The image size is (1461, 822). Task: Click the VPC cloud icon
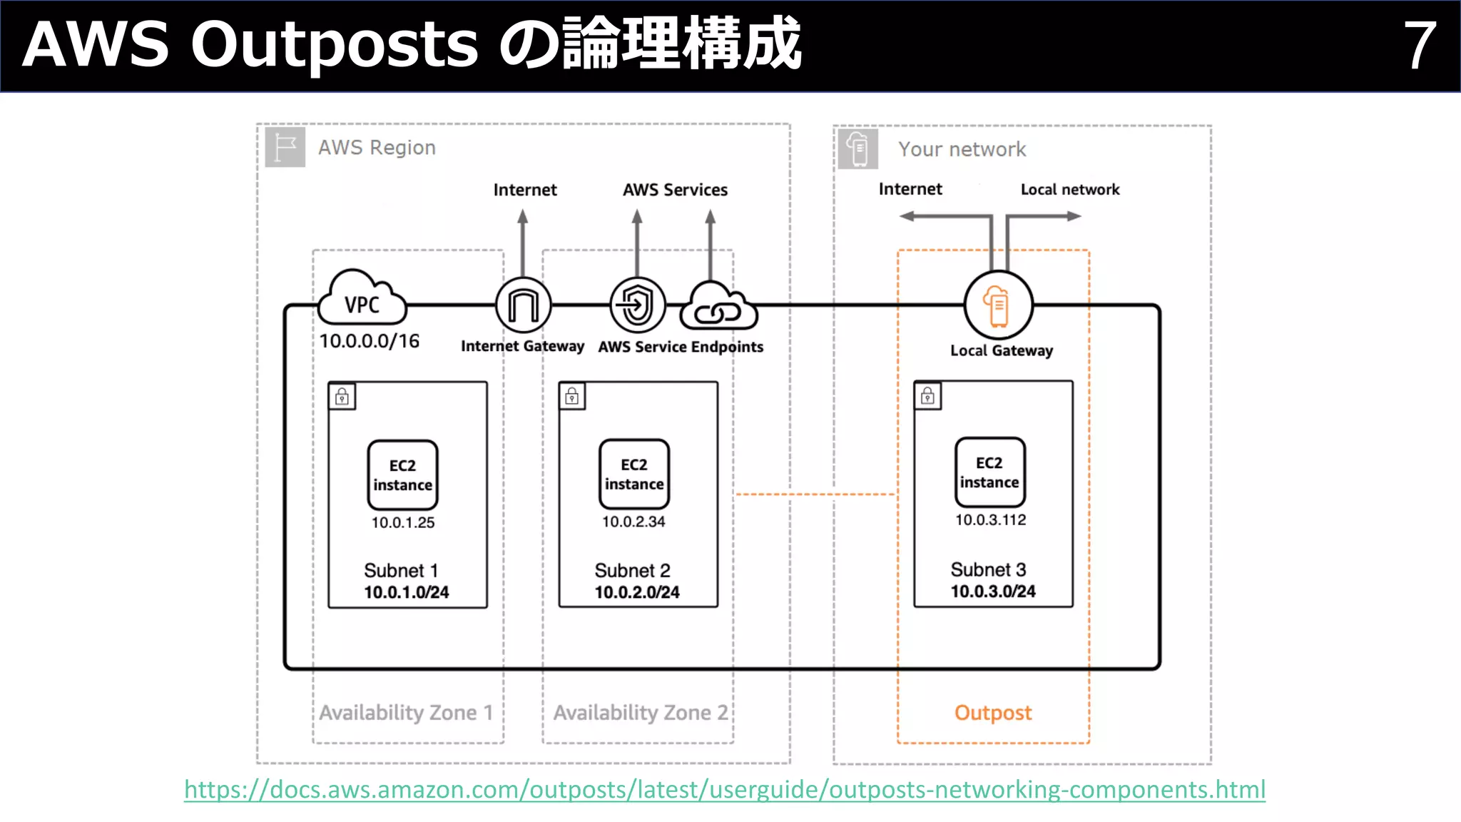point(362,300)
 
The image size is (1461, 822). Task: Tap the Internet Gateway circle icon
point(523,305)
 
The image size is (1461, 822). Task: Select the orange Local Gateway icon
point(997,305)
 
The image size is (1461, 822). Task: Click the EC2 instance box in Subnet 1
point(402,475)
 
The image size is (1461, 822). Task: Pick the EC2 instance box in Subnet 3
point(989,472)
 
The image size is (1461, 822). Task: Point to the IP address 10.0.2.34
point(633,522)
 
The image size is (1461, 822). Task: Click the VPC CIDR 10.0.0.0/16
point(369,341)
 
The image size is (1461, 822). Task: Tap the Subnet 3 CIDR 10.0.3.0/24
point(992,592)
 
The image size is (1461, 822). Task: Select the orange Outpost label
point(993,712)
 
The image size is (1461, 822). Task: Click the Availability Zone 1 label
point(406,712)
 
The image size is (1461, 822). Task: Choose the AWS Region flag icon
point(285,147)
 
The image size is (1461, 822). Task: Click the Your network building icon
point(857,148)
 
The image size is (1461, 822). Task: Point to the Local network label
point(1069,189)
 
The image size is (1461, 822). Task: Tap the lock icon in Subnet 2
point(572,396)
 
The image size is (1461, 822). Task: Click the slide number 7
point(1419,45)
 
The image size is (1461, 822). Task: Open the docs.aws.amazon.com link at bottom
point(725,789)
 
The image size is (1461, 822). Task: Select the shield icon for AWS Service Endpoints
point(637,305)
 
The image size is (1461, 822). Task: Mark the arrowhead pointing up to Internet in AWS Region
point(523,216)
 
